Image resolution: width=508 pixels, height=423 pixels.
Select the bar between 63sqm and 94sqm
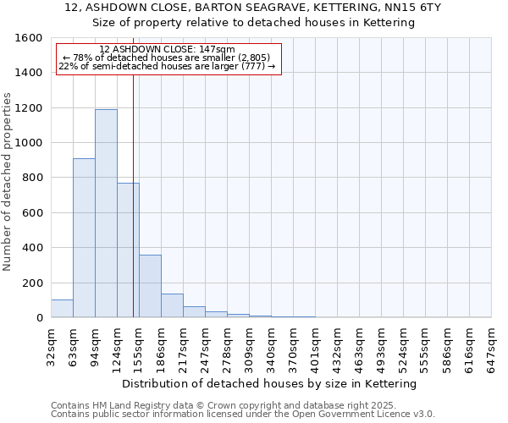click(84, 238)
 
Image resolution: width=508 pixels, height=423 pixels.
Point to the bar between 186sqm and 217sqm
click(172, 305)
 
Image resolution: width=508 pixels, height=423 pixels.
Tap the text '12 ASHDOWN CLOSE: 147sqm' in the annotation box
click(167, 50)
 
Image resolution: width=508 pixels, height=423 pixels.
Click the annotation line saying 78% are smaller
click(166, 58)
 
